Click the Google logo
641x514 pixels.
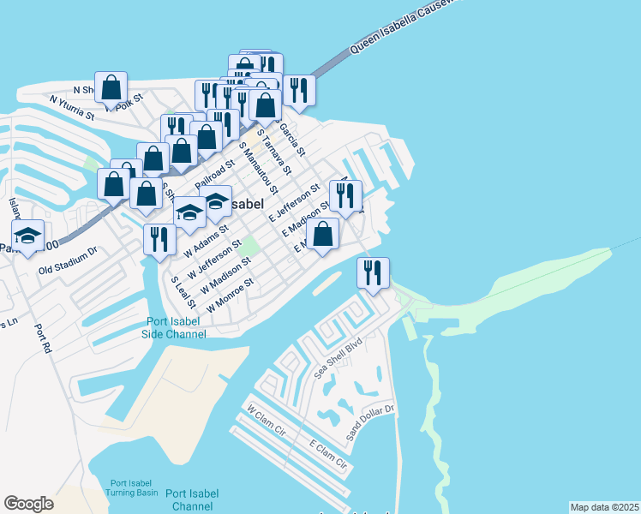[x=28, y=504]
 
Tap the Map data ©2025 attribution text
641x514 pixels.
[x=604, y=507]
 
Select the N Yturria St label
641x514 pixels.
[x=71, y=108]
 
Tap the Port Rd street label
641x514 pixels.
[x=43, y=338]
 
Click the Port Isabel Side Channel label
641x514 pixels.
[x=174, y=328]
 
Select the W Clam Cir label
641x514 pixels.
[x=266, y=421]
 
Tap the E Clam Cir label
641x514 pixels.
[x=329, y=456]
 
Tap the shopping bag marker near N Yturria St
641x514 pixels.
[x=111, y=87]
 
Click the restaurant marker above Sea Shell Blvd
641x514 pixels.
[x=373, y=273]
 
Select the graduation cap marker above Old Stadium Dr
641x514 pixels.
[x=28, y=236]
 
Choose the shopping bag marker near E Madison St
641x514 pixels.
[x=322, y=234]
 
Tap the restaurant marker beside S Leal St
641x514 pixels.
[x=159, y=240]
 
